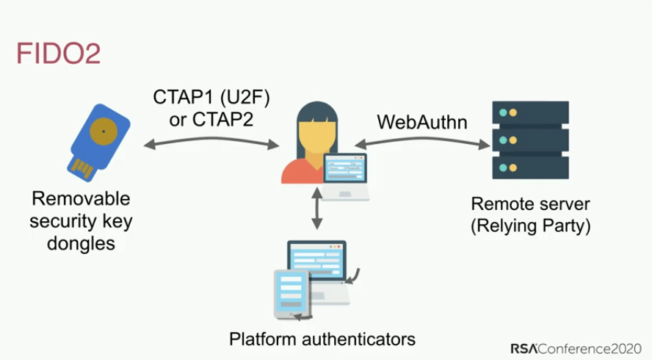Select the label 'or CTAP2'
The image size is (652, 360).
(x=211, y=119)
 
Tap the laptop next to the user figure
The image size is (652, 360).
(x=346, y=174)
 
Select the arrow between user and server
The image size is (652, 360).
(x=422, y=144)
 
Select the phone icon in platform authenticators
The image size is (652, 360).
(x=290, y=295)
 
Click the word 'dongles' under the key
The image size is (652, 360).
(x=80, y=242)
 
